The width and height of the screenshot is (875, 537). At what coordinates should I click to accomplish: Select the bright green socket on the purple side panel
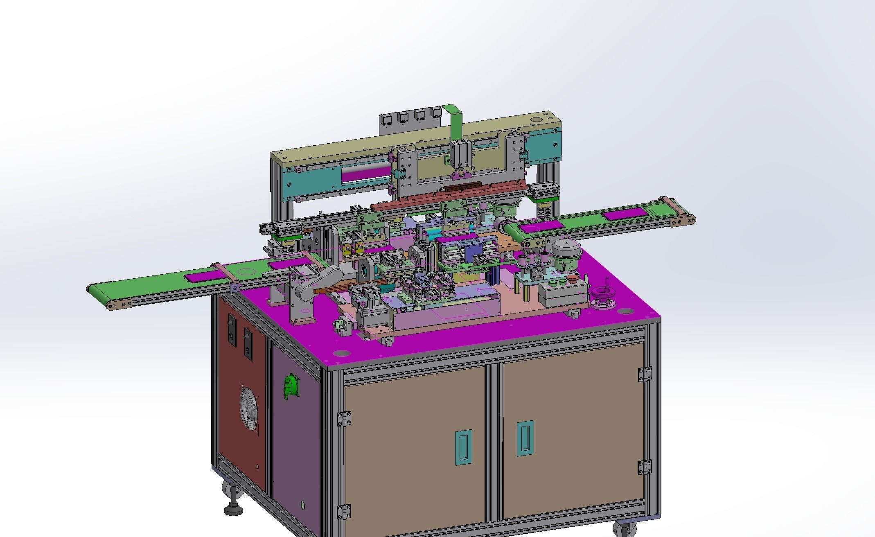click(291, 386)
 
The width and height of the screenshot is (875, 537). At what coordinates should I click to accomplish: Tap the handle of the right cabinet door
click(525, 438)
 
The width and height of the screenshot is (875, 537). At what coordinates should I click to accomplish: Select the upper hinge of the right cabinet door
click(644, 374)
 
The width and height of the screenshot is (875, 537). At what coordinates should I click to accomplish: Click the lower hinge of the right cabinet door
click(644, 467)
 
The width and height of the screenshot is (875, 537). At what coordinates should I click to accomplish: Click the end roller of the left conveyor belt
click(90, 289)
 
